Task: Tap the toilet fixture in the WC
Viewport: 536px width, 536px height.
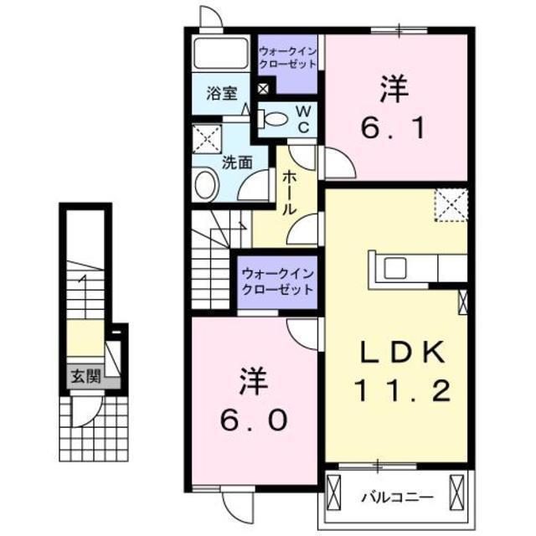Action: [272, 119]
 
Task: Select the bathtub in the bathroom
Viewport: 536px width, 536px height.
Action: [220, 54]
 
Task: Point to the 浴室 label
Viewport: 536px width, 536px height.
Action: [223, 93]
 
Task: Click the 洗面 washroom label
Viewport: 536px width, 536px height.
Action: [237, 162]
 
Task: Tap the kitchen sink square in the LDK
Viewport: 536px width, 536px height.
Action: [395, 268]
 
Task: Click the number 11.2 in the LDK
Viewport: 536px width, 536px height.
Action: [402, 390]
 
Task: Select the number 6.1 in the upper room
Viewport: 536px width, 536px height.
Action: [394, 127]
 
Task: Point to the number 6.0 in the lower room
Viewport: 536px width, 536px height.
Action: [254, 420]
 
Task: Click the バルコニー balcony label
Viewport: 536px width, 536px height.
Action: [398, 497]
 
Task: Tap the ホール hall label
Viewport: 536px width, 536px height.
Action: [289, 193]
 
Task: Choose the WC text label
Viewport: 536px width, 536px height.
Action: [303, 119]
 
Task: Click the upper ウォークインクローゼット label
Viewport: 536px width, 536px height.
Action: [288, 58]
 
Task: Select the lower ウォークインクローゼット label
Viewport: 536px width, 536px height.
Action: [277, 282]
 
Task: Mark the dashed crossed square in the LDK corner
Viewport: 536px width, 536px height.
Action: [451, 205]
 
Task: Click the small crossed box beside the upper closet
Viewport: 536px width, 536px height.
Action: [263, 89]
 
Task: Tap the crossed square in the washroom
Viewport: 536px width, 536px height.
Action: [207, 138]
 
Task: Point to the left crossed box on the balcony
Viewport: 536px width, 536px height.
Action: [334, 492]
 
